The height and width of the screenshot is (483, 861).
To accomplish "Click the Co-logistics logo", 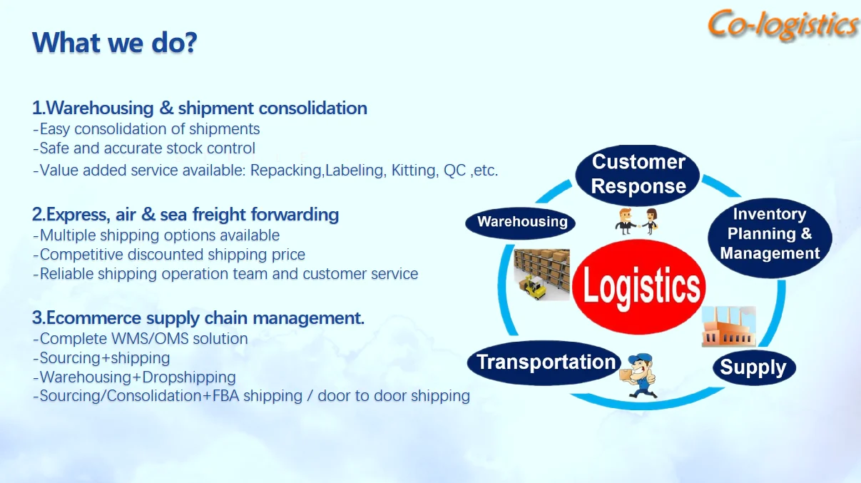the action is click(783, 25).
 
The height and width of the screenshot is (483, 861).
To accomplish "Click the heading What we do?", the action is click(114, 43).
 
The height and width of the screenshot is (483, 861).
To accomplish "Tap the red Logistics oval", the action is click(641, 285).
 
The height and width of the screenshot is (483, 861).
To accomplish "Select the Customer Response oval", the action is click(638, 174).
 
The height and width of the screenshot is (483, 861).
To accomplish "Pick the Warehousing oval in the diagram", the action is click(522, 222).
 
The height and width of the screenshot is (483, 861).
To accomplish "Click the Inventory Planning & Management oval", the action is click(770, 234).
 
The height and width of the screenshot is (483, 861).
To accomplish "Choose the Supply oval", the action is click(753, 368).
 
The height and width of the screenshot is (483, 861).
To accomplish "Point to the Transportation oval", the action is click(546, 362).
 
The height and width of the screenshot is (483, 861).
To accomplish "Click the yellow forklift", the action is click(534, 285).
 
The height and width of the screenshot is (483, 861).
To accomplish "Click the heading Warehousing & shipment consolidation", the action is click(200, 108).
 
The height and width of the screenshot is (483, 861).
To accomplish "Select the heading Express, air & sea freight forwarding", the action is click(185, 214).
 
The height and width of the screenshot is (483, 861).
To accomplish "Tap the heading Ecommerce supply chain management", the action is click(198, 318).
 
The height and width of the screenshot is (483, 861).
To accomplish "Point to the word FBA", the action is click(226, 396).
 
